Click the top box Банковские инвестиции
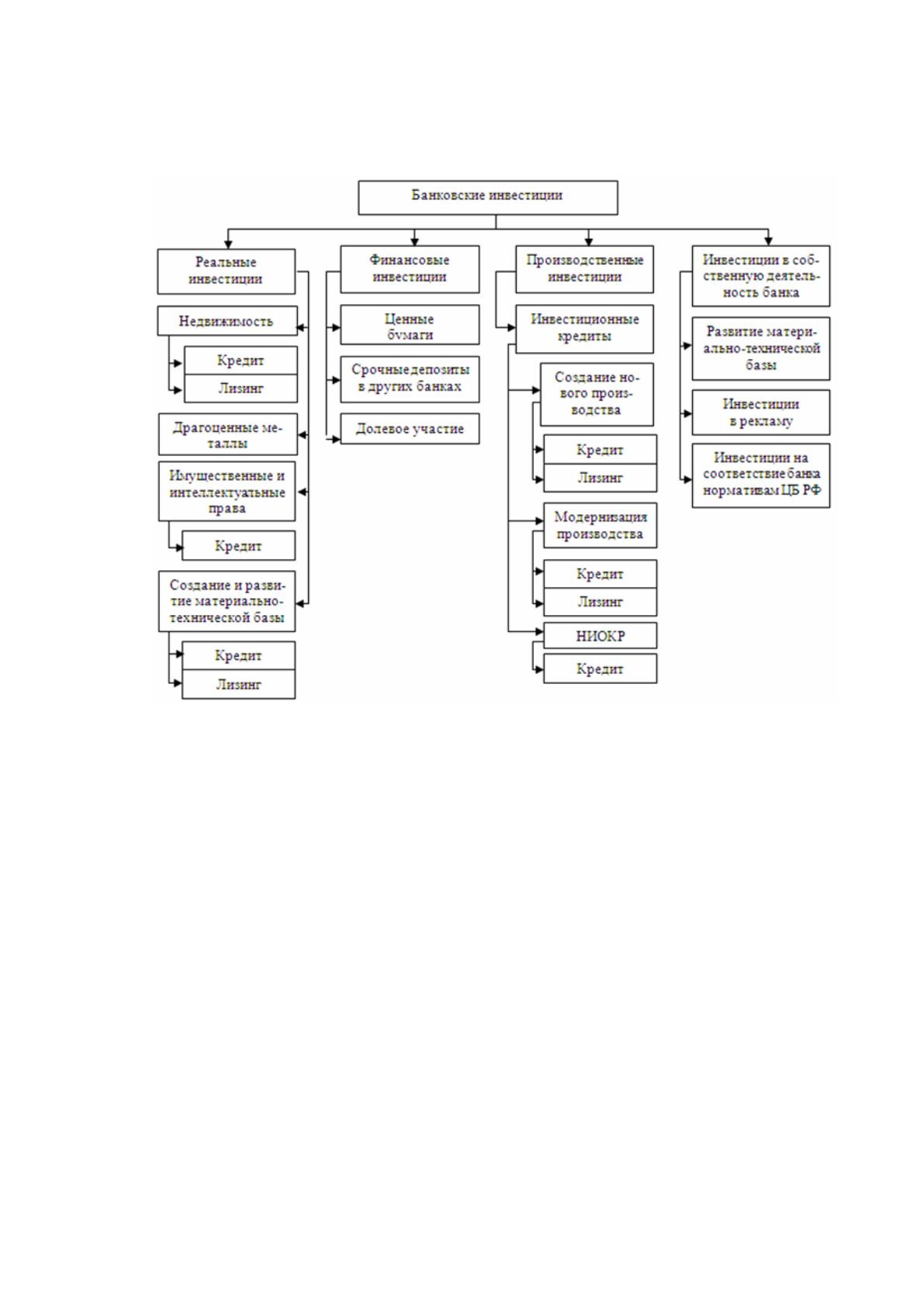click(x=488, y=198)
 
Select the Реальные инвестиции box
click(x=227, y=271)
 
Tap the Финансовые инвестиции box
click(x=410, y=269)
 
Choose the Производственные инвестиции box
click(x=584, y=269)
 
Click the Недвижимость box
click(x=227, y=320)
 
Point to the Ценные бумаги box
click(x=410, y=325)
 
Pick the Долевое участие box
click(x=410, y=429)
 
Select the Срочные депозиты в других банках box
click(x=410, y=379)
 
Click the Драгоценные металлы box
click(x=228, y=434)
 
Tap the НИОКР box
click(x=600, y=635)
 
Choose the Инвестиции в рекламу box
click(x=760, y=413)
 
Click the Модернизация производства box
click(x=600, y=525)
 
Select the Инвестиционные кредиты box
click(x=584, y=329)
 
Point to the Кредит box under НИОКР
click(x=600, y=669)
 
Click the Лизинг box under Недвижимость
click(x=241, y=389)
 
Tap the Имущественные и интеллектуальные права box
click(x=227, y=492)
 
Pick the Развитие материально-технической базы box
click(x=760, y=349)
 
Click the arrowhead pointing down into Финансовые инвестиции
click(x=415, y=240)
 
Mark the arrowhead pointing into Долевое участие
click(x=336, y=440)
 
